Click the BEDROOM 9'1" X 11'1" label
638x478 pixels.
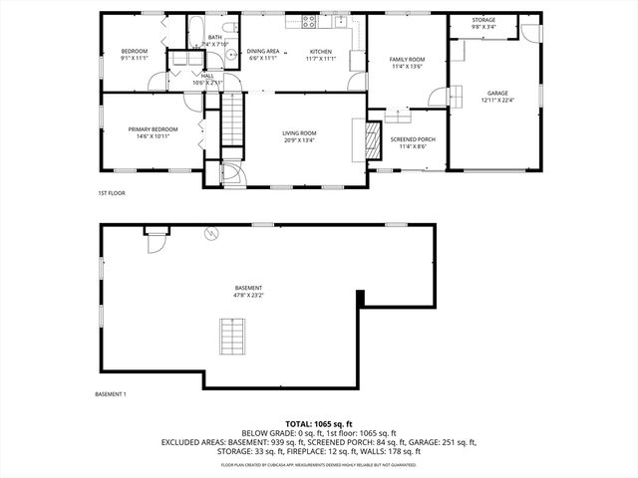[x=135, y=54]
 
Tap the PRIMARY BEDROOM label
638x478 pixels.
[x=153, y=132]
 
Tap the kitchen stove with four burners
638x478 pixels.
[x=310, y=21]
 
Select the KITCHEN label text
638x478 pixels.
[x=320, y=54]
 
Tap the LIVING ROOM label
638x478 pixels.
[x=299, y=135]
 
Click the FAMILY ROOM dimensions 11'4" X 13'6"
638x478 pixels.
[x=407, y=67]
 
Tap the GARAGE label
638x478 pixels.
[x=496, y=96]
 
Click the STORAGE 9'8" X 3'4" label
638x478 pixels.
[x=483, y=23]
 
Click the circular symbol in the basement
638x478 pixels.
[x=210, y=235]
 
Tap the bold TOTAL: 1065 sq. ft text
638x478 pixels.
[x=319, y=423]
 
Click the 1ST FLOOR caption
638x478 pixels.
[x=111, y=192]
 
